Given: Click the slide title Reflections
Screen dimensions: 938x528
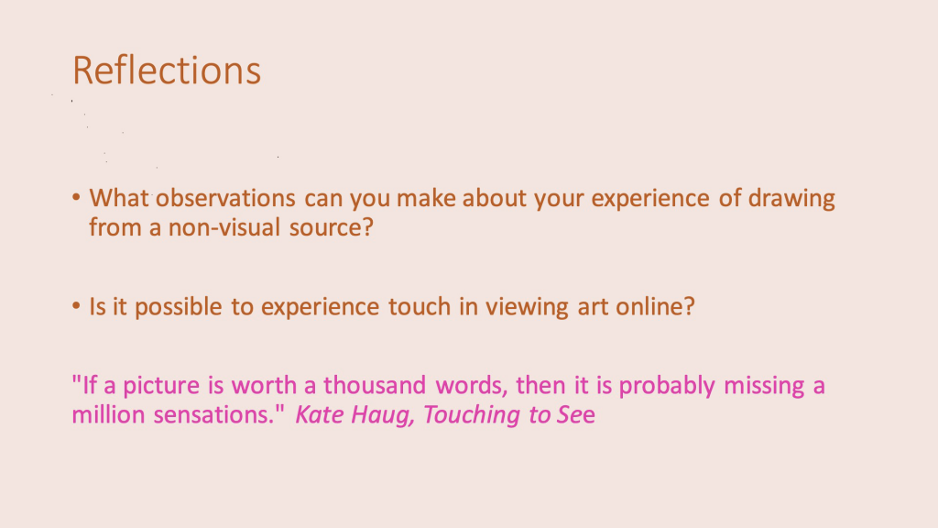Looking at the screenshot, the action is tap(167, 71).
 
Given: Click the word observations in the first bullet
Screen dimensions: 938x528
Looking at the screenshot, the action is tap(225, 198).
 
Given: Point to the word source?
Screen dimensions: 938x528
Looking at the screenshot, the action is tap(332, 227).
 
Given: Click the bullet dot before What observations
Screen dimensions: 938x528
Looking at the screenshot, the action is tap(76, 197).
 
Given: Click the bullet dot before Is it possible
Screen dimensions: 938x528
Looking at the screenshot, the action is tap(76, 306).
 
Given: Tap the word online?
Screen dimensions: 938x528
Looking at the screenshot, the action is tap(656, 306).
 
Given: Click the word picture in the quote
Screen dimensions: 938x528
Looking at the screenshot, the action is tap(161, 386).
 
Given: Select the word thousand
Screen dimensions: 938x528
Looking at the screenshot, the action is tap(375, 385).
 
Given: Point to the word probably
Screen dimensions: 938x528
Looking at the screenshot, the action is tap(667, 386).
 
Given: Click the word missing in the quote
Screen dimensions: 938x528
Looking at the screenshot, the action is tap(764, 386).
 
